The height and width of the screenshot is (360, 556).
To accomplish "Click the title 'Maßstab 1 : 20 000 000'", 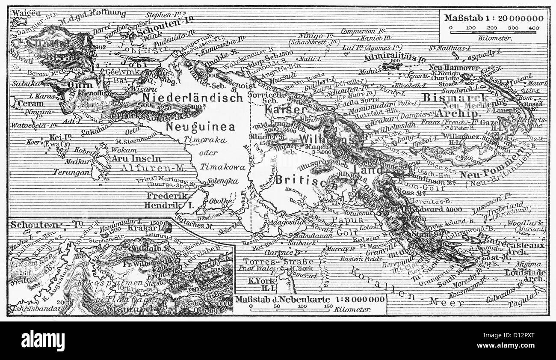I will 494,18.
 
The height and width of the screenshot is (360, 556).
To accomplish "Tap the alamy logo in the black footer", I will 43,341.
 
